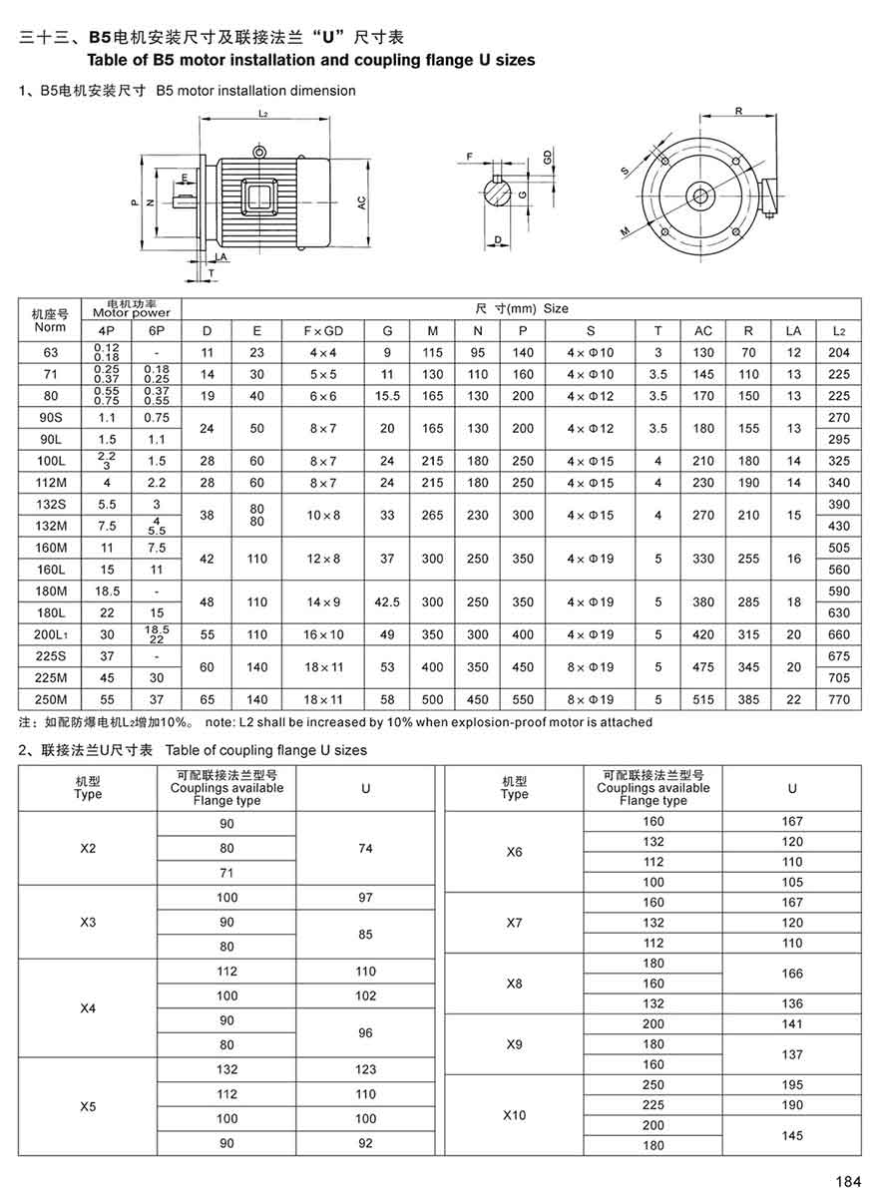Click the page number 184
847,1181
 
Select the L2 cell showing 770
838,700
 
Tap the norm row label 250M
50,700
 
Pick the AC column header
703,330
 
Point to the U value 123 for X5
365,1069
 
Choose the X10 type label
514,1115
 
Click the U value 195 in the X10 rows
792,1084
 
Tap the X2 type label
88,848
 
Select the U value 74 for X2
365,848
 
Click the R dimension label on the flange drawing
737,112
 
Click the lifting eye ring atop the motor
259,152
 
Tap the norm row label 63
50,352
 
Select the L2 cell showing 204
838,352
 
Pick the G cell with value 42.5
386,601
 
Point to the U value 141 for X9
792,1023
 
